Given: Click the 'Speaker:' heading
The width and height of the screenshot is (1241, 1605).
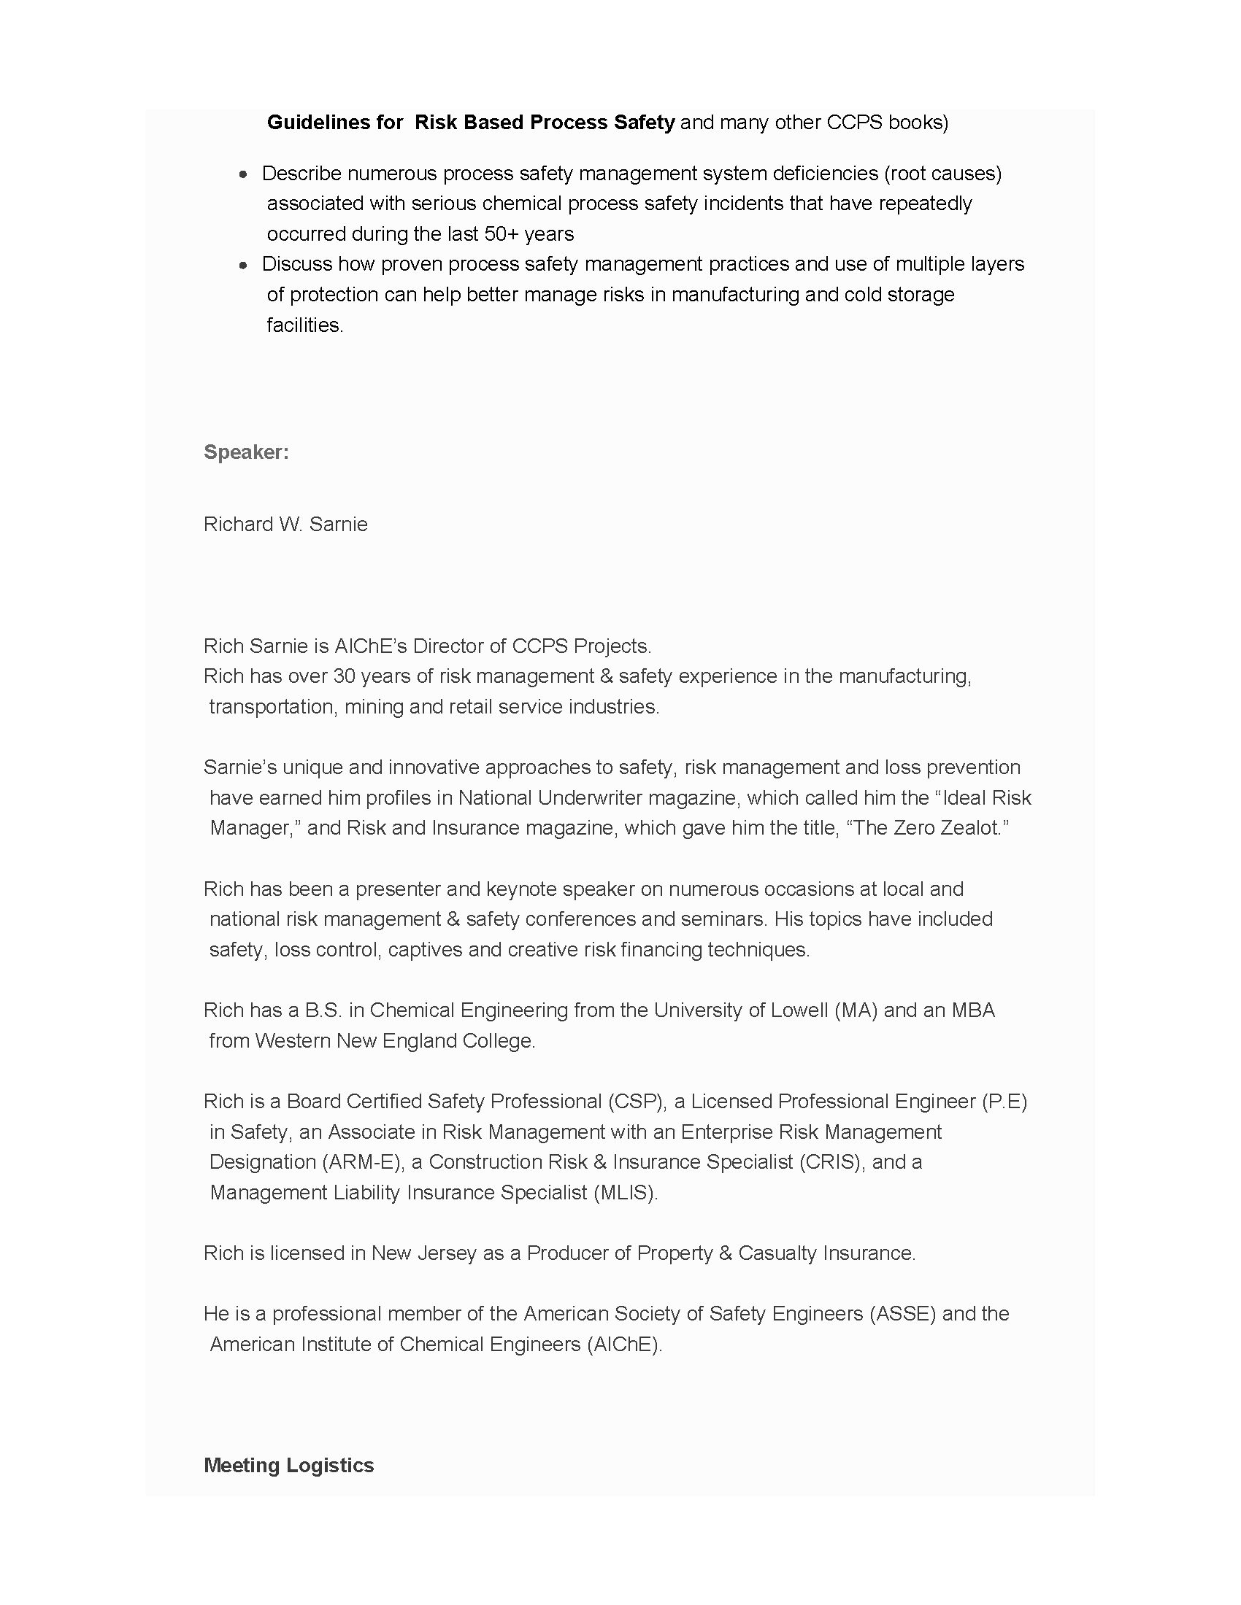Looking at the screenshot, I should click(x=246, y=452).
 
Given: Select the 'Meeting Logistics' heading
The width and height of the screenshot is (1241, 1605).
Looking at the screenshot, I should click(x=289, y=1465).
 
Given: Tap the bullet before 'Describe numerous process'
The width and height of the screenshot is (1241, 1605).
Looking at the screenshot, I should click(x=243, y=175).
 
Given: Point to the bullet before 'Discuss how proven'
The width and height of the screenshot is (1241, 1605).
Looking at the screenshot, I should click(x=243, y=266).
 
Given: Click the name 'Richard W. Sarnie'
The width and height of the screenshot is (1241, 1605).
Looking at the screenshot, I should click(x=285, y=524).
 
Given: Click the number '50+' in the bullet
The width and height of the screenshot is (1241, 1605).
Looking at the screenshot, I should click(x=502, y=233).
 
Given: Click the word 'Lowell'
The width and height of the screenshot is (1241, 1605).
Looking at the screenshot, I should click(x=799, y=1010).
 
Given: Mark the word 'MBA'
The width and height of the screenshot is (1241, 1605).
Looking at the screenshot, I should click(x=972, y=1010).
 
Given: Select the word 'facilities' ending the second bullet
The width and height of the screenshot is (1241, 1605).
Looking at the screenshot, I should click(x=304, y=325).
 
